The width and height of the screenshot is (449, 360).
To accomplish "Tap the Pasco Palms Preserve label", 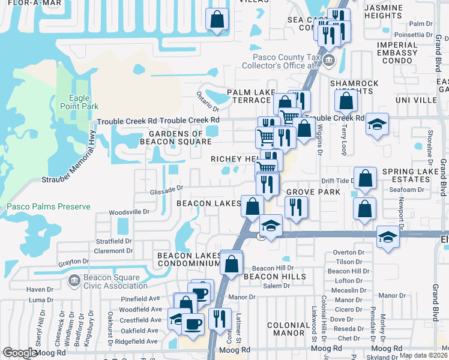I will click(x=48, y=207).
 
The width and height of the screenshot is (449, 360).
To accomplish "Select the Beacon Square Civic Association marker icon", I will click(x=74, y=280).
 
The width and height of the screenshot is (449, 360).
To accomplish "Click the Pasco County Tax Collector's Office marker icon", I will click(x=328, y=61).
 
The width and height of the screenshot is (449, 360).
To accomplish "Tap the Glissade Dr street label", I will click(x=166, y=189).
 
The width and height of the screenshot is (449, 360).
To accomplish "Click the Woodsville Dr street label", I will click(x=129, y=212).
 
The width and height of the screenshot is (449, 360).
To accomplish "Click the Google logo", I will click(x=20, y=353).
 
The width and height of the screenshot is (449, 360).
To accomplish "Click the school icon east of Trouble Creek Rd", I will click(x=377, y=125).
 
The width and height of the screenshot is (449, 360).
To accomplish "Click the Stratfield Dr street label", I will click(x=113, y=241).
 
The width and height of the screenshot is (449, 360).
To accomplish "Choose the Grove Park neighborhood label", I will click(x=313, y=192).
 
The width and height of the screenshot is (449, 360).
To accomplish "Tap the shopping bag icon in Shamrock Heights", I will click(x=346, y=102).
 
